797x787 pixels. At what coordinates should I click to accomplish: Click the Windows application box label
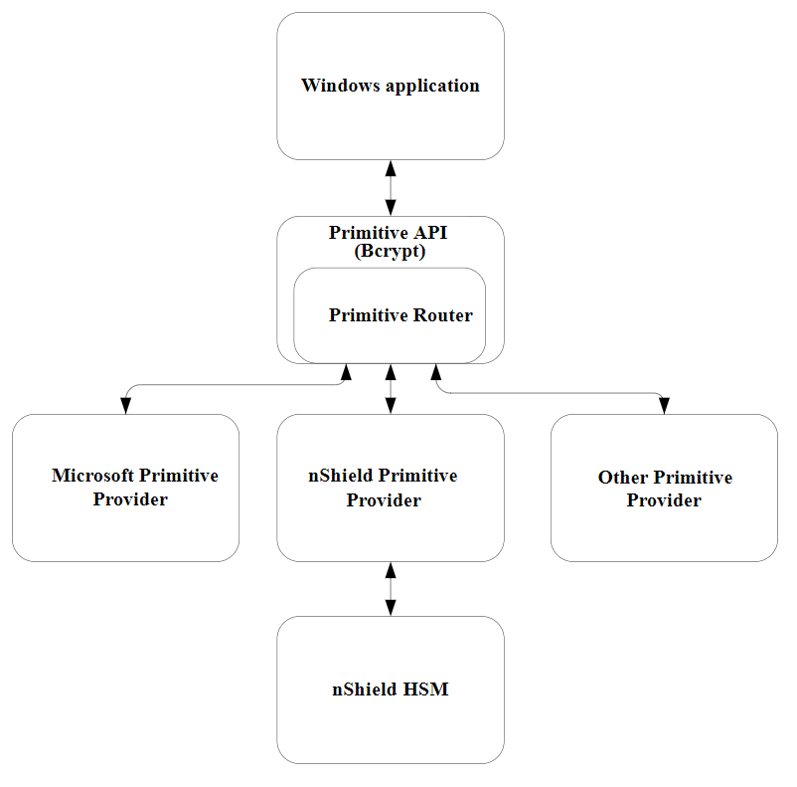[x=390, y=86]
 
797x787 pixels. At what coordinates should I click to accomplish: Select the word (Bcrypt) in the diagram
[x=390, y=252]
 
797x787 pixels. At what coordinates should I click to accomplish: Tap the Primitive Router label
[x=400, y=315]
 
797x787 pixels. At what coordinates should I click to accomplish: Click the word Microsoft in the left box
[x=93, y=476]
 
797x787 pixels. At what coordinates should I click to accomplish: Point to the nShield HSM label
[x=390, y=689]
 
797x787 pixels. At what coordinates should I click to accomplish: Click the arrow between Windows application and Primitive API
[x=390, y=188]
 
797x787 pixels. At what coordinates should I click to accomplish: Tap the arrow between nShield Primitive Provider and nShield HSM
[x=390, y=589]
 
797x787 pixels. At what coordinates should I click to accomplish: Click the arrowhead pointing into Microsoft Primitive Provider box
[x=126, y=405]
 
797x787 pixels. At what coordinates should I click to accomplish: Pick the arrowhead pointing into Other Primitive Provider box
[x=664, y=405]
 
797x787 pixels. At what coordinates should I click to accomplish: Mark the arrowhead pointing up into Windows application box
[x=390, y=168]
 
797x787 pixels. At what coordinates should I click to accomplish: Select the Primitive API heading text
[x=389, y=233]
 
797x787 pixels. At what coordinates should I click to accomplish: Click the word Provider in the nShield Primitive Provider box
[x=384, y=500]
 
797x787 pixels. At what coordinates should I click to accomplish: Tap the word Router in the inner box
[x=444, y=315]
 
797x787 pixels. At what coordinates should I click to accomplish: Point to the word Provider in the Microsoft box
[x=130, y=499]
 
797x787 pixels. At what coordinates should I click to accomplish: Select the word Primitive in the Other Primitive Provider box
[x=693, y=478]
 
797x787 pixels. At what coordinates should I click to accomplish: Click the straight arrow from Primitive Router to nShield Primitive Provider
[x=390, y=389]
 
